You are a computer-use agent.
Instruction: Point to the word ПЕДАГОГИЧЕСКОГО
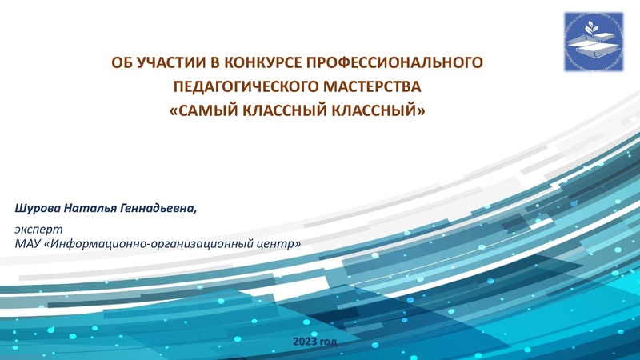pos(243,86)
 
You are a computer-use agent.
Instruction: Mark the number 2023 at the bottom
pos(306,342)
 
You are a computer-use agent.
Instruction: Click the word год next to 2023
pos(329,342)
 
